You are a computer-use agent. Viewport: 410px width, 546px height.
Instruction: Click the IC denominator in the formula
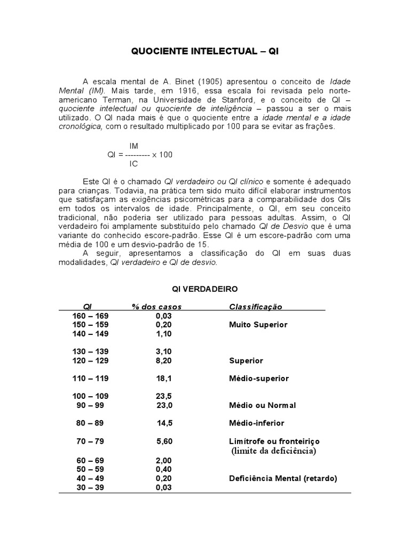coord(133,164)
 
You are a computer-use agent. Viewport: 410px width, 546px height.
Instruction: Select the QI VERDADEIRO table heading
coord(204,288)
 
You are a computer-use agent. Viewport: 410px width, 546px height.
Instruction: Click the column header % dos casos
coord(157,307)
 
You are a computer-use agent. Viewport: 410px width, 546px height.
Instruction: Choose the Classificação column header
coord(256,307)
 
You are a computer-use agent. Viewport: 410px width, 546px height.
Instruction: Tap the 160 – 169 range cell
coord(90,316)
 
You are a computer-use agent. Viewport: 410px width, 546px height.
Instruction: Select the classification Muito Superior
coord(258,324)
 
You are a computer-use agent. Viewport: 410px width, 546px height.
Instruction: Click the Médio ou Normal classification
coord(262,405)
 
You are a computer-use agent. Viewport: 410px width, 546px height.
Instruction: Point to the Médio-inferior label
coord(256,423)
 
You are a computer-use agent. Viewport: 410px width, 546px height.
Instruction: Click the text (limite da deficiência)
coord(274,451)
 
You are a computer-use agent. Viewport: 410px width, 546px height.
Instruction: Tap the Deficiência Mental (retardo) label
coord(283,478)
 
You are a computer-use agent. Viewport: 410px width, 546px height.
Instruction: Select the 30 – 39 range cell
coord(90,487)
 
